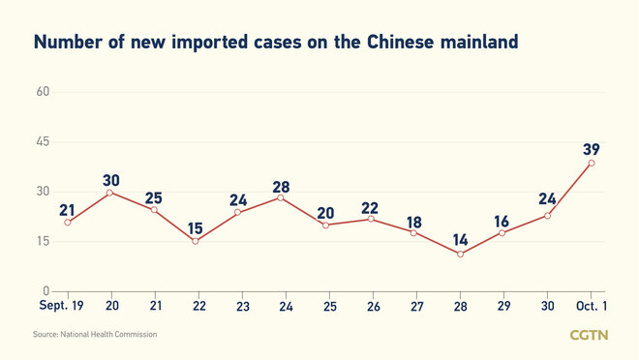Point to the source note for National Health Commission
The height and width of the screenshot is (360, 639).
[x=95, y=334]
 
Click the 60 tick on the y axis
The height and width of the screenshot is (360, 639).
[x=43, y=92]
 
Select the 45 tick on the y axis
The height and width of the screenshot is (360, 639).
[x=43, y=142]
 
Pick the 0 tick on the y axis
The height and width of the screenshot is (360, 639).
[x=46, y=290]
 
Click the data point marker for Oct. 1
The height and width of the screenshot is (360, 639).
[x=592, y=163]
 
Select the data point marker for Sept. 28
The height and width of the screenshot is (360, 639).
[x=461, y=254]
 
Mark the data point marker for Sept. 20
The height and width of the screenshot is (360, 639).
[x=110, y=192]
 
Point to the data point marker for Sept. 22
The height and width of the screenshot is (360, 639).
[x=195, y=241]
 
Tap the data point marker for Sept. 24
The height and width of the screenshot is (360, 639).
[x=281, y=197]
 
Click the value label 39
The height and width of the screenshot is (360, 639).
[x=593, y=148]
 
